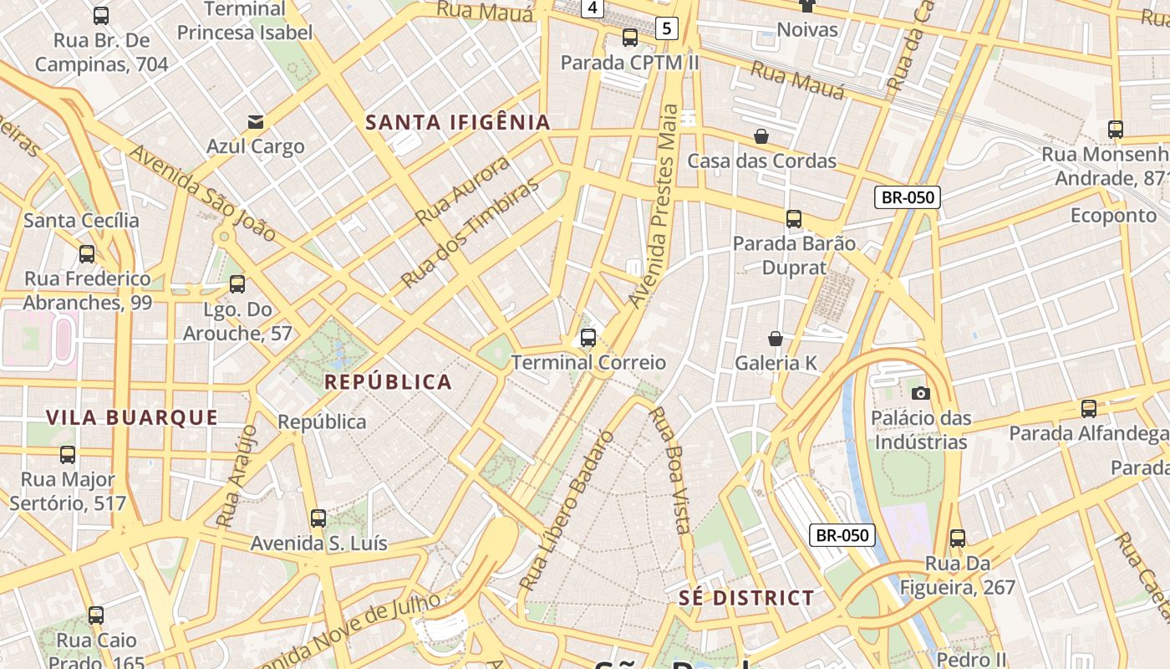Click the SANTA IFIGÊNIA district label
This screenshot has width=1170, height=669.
458,122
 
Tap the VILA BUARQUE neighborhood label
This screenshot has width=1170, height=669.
132,417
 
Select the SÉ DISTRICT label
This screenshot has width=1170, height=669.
746,598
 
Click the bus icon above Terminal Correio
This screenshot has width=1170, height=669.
588,338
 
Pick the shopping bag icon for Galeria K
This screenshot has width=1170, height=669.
776,339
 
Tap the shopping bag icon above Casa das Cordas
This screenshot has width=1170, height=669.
761,135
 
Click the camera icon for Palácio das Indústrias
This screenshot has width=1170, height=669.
920,393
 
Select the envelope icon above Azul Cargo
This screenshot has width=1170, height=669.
256,122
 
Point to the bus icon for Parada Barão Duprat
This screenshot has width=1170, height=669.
794,219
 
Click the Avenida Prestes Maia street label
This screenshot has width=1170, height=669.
656,206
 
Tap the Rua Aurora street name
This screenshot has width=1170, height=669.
462,190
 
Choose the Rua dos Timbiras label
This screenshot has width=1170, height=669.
470,234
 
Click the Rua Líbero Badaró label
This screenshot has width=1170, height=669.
567,510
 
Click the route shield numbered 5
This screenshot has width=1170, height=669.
665,28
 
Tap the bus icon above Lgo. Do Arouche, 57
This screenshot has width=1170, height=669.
237,284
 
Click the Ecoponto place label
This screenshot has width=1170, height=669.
1113,216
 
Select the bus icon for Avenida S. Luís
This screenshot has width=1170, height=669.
318,518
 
